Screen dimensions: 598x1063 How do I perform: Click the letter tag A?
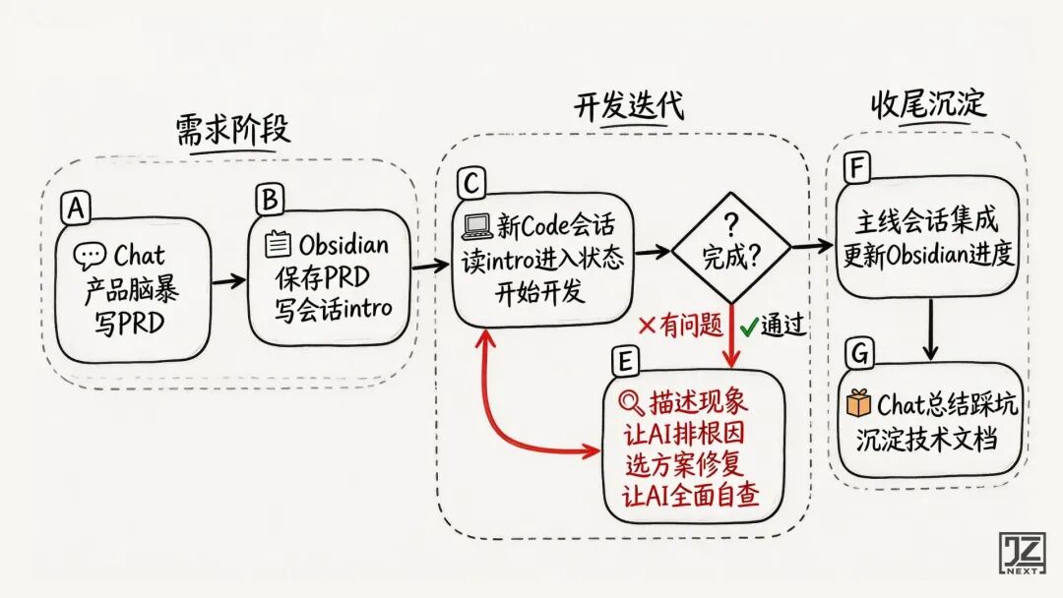tap(73, 208)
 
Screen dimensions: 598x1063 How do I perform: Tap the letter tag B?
tap(268, 200)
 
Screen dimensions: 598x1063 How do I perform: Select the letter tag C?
tap(470, 184)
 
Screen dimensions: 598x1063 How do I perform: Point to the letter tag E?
tap(623, 363)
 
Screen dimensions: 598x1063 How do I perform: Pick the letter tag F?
tap(856, 169)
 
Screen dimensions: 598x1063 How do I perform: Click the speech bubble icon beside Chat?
tap(90, 258)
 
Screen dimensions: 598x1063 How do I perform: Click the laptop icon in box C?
tap(477, 227)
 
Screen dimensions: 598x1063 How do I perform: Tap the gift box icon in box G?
tap(859, 403)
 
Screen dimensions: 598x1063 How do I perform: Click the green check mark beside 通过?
tap(747, 325)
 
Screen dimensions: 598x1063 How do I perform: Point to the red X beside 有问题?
tap(648, 325)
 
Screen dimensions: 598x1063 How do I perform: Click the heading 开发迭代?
tap(628, 106)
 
